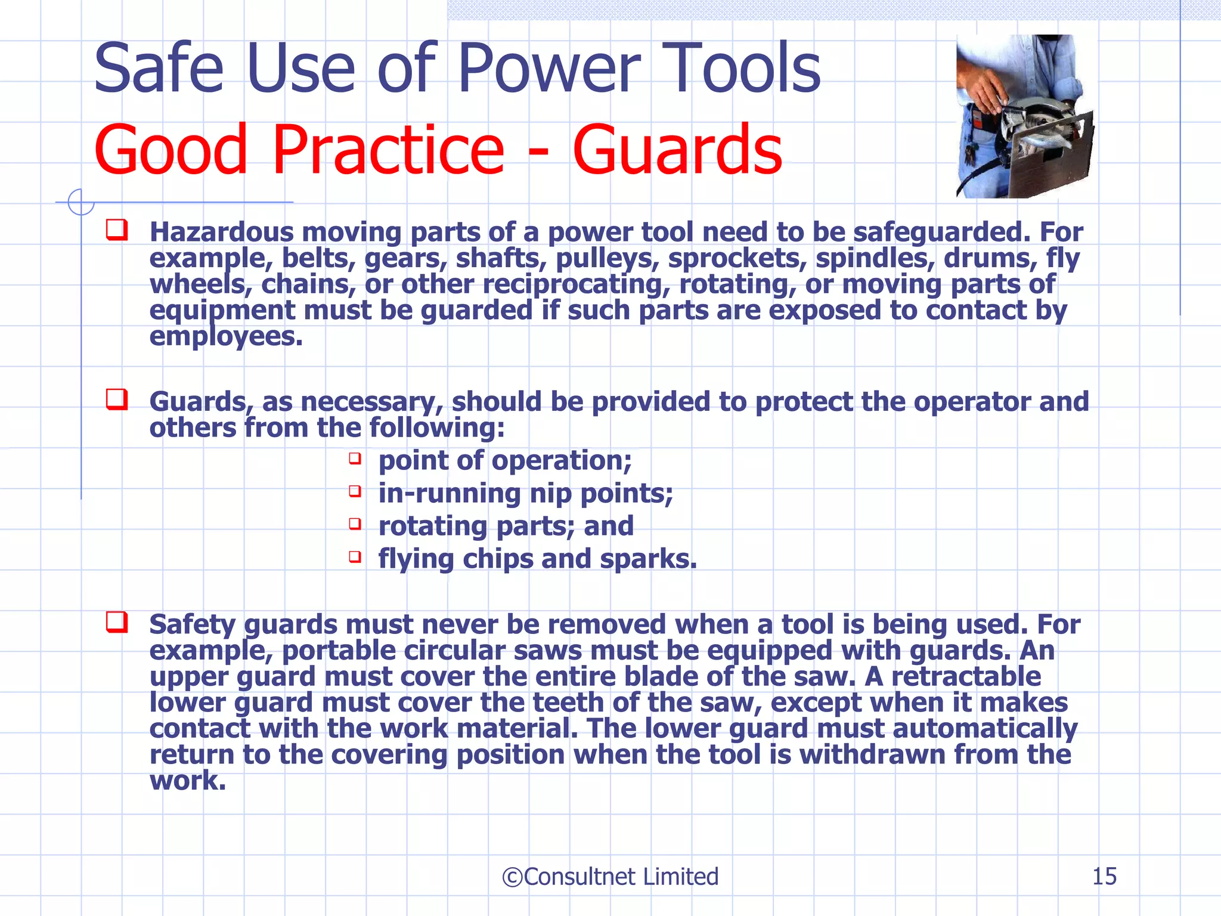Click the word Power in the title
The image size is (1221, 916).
pos(548,69)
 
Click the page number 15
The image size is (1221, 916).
pos(1104,877)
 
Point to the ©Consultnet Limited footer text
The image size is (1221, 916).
pos(610,877)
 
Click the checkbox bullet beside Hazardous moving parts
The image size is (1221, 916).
pos(117,230)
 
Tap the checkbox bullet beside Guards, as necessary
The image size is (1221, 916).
pos(117,399)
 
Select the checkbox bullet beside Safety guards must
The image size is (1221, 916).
pos(117,622)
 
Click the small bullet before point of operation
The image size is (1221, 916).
pos(355,459)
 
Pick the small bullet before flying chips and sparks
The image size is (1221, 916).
pos(355,557)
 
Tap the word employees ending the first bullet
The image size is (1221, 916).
pos(225,337)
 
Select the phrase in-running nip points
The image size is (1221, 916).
pos(525,493)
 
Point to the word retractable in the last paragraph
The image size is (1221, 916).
pos(966,676)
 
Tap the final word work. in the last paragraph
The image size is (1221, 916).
pos(188,781)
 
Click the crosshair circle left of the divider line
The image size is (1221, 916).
pos(80,202)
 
